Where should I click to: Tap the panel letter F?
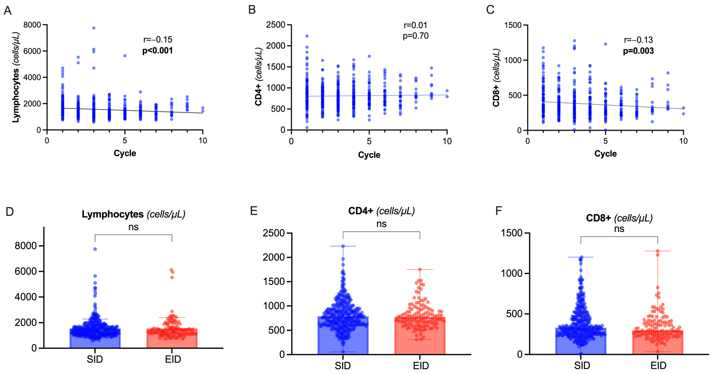pyautogui.click(x=499, y=211)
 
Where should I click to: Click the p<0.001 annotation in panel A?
pyautogui.click(x=157, y=51)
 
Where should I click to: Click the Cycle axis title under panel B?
pyautogui.click(x=369, y=155)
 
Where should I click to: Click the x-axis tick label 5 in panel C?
pyautogui.click(x=605, y=141)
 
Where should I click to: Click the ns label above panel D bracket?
pyautogui.click(x=133, y=227)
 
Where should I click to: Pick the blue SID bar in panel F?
pyautogui.click(x=581, y=344)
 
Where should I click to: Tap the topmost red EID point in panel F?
pyautogui.click(x=657, y=251)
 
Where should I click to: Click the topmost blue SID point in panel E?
pyautogui.click(x=343, y=246)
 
